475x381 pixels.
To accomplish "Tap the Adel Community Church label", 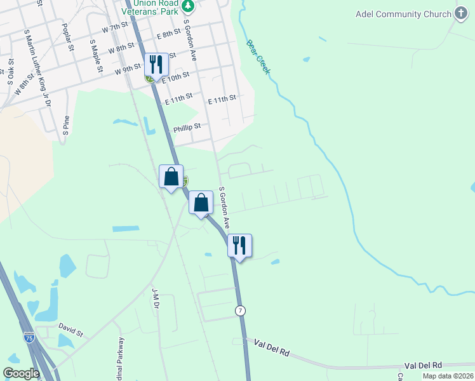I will [398, 14].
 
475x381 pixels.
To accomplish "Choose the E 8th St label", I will [168, 34].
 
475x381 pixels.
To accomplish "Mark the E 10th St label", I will [176, 77].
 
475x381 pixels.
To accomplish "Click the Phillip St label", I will [187, 126].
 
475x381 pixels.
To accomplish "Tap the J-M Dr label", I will [155, 295].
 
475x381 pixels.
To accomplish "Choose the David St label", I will [70, 331].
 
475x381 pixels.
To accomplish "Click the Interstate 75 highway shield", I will [29, 338].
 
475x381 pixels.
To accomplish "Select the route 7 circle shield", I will [239, 311].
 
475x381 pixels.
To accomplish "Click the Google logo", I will [22, 373].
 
